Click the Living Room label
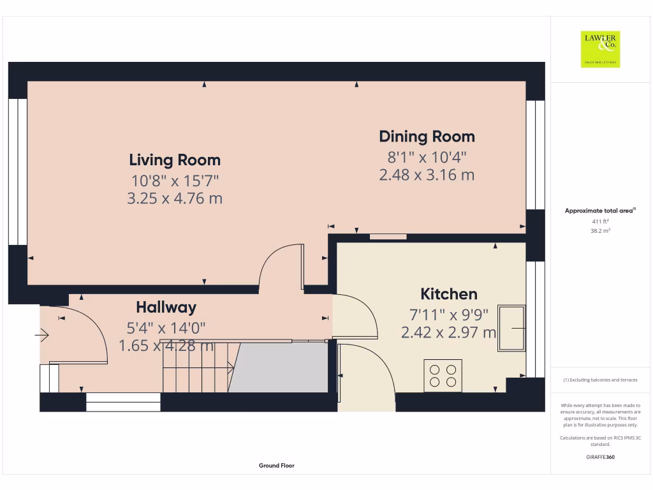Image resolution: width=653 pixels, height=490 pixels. pos(175,160)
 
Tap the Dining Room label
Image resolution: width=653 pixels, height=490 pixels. pos(427,136)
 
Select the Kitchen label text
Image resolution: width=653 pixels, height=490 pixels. pos(449,294)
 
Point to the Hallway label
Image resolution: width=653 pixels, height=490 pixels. pos(166,308)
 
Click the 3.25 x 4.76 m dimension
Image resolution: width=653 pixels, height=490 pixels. pos(175,198)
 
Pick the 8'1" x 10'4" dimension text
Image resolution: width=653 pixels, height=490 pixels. pos(427,156)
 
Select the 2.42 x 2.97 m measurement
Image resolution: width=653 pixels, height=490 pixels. pos(448,332)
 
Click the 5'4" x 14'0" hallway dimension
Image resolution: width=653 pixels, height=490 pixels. pos(166,328)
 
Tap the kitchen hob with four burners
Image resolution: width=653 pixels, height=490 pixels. pos(443,375)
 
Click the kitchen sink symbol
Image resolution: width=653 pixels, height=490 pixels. pos(512,328)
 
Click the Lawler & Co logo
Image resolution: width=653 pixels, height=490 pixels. pos(600,49)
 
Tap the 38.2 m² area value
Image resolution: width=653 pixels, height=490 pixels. pos(600,231)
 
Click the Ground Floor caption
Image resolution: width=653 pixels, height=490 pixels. pos(276,466)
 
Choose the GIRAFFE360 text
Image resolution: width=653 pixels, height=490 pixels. pos(600,457)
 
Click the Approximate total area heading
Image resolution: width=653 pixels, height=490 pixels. pos(599,211)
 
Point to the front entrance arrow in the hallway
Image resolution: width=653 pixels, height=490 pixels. pos(43,333)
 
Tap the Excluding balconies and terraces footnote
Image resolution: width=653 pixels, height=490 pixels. pos(600,380)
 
